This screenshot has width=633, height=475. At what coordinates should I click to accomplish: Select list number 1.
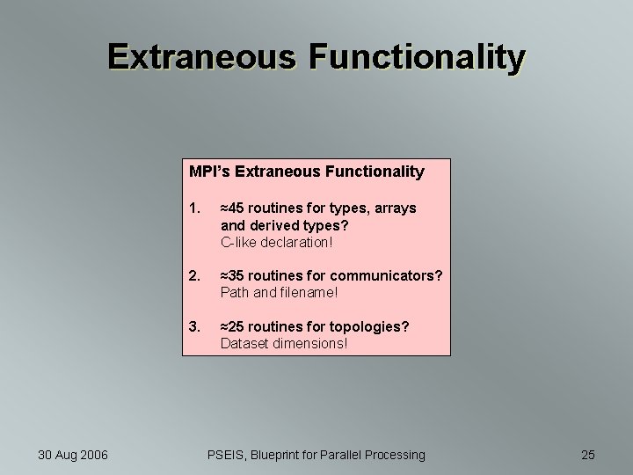pyautogui.click(x=194, y=208)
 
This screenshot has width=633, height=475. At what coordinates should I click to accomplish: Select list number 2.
pyautogui.click(x=194, y=275)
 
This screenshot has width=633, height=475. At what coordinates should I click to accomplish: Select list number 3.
pyautogui.click(x=194, y=326)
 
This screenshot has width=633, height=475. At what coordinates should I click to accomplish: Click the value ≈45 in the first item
pyautogui.click(x=232, y=208)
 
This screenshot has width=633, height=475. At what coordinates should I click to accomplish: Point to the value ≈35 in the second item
pyautogui.click(x=232, y=275)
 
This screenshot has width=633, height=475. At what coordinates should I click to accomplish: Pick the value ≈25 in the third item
pyautogui.click(x=232, y=326)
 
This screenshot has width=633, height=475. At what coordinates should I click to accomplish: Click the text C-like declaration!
pyautogui.click(x=277, y=241)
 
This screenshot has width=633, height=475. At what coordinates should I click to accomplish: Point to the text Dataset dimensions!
pyautogui.click(x=283, y=343)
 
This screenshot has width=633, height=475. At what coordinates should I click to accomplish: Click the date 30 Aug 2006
pyautogui.click(x=73, y=455)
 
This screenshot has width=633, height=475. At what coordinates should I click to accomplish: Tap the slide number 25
pyautogui.click(x=588, y=455)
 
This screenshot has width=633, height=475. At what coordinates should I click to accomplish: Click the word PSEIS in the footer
pyautogui.click(x=226, y=455)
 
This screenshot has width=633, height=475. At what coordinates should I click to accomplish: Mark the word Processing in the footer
pyautogui.click(x=392, y=455)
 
